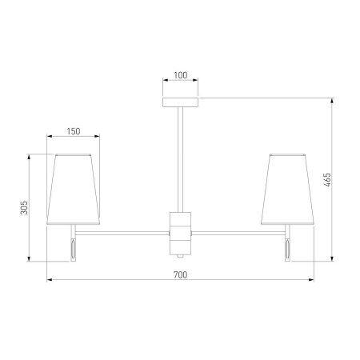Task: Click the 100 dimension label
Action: [x=181, y=75]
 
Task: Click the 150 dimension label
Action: [x=74, y=131]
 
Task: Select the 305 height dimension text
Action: [x=24, y=207]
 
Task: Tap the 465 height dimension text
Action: [x=327, y=180]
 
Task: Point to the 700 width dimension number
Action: [x=181, y=274]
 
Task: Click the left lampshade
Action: [x=73, y=190]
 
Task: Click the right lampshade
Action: [x=287, y=190]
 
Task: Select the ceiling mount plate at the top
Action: [x=181, y=102]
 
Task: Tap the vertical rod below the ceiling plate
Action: [x=181, y=159]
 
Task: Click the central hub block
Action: [x=181, y=234]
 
